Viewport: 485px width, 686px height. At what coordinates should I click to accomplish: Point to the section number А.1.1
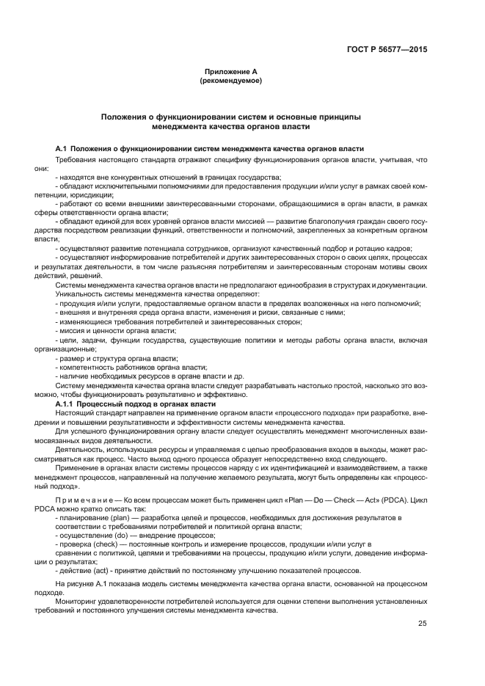pyautogui.click(x=68, y=404)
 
